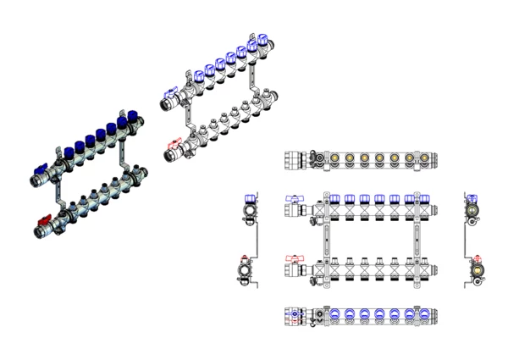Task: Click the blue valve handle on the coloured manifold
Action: (x=38, y=166)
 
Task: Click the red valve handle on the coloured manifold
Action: (x=43, y=224)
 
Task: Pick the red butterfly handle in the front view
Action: (x=295, y=258)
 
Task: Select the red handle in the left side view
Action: (x=245, y=257)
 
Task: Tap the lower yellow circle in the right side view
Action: (x=478, y=274)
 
